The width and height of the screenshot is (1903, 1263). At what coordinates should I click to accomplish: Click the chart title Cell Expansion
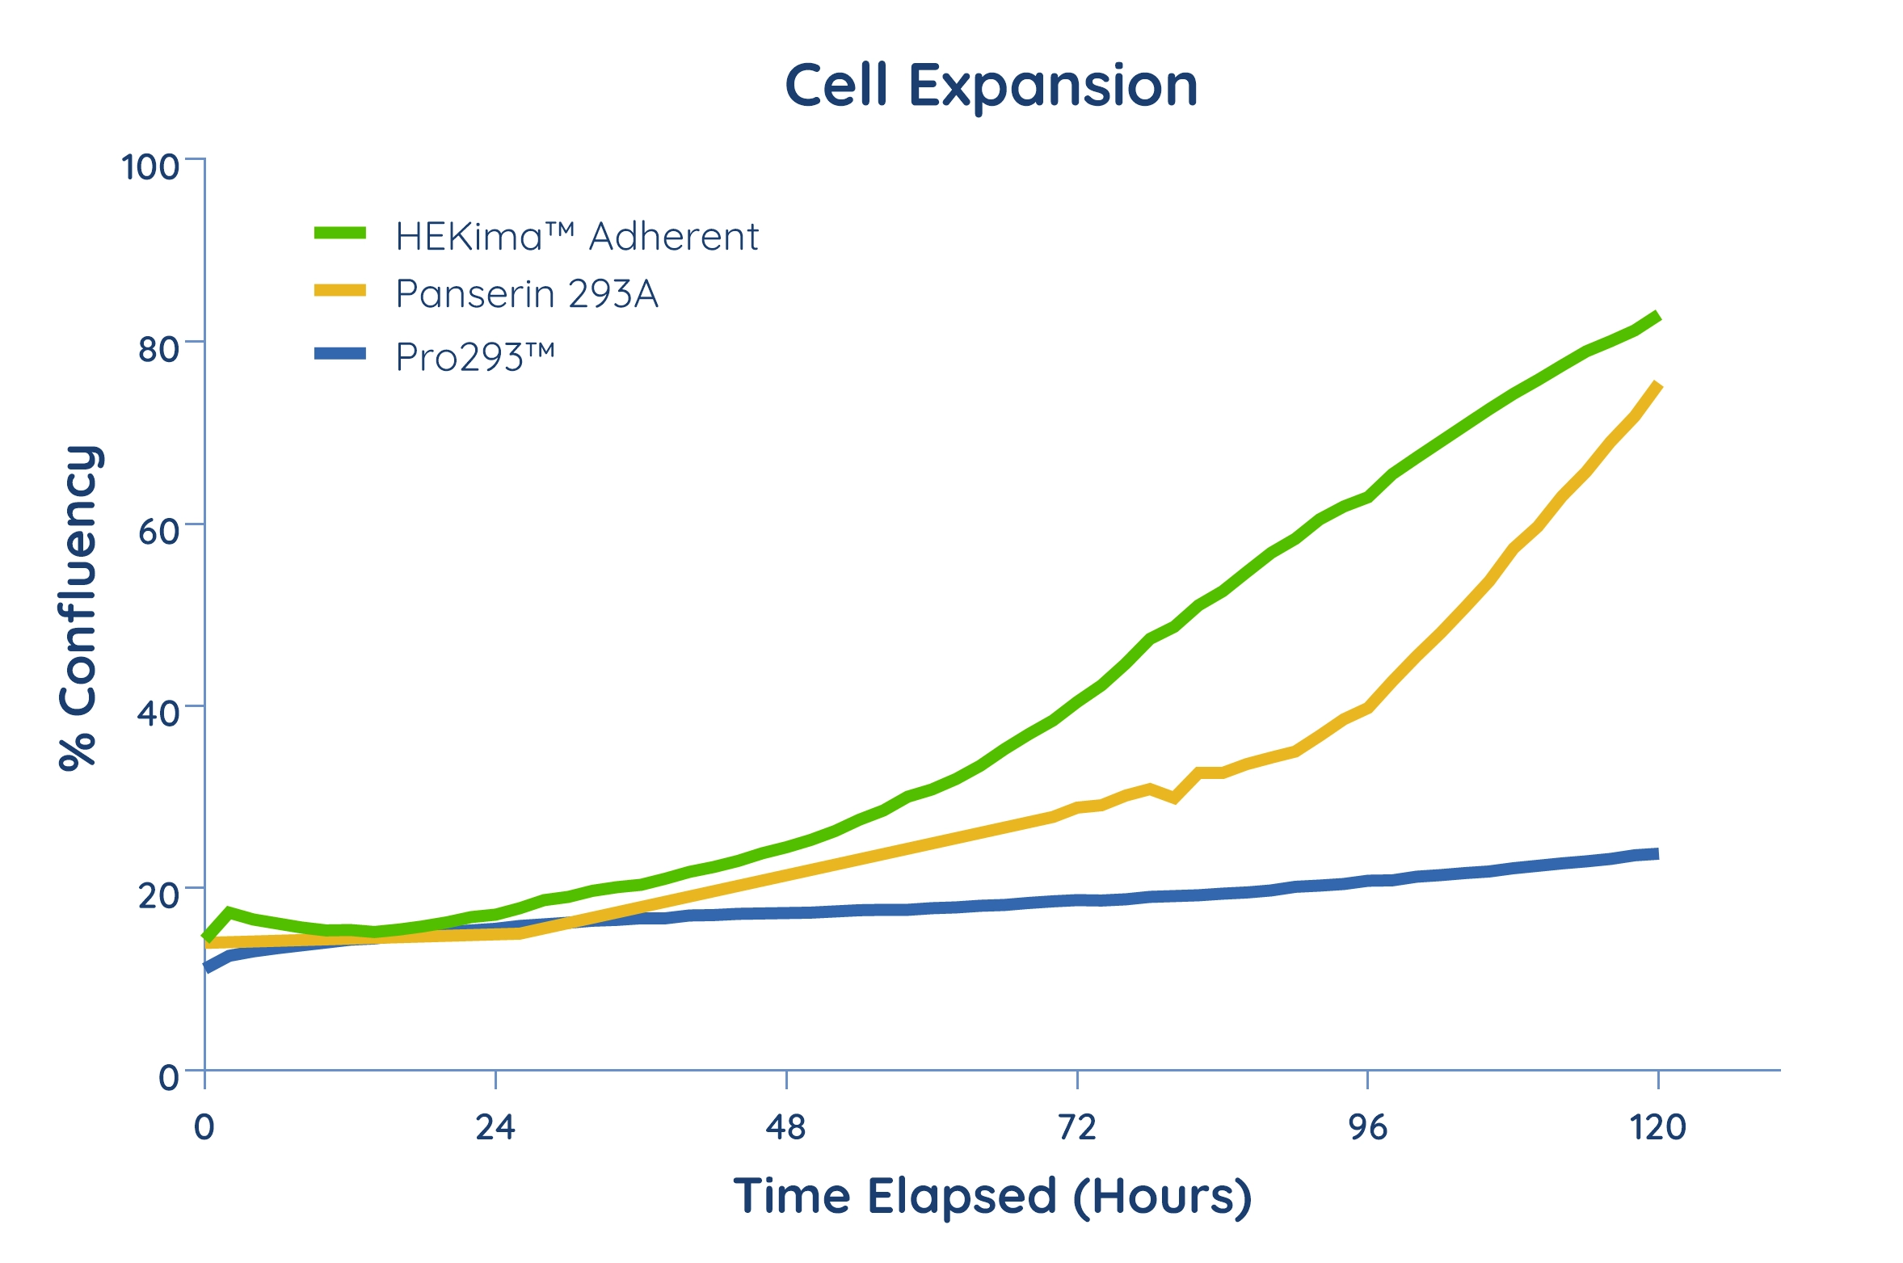point(991,86)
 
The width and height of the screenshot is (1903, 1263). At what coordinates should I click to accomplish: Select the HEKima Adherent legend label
point(577,237)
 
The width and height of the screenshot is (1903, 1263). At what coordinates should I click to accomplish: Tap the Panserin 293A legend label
point(527,294)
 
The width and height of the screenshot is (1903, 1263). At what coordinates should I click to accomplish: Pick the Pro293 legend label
point(475,357)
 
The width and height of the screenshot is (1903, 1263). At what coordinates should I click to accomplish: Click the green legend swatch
point(340,233)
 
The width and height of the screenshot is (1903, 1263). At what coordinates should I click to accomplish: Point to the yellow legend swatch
point(340,290)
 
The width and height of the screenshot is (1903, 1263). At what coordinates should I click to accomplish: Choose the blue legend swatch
point(340,353)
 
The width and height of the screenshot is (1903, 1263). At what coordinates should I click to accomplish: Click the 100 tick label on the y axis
point(150,167)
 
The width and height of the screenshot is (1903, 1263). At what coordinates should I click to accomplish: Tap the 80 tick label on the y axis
point(158,350)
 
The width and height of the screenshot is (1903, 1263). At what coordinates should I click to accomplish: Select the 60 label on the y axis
point(158,532)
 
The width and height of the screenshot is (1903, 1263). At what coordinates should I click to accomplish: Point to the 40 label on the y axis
point(158,714)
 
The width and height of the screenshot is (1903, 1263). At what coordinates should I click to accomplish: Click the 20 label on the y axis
point(158,895)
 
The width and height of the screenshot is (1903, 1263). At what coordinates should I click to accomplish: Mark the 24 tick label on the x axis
point(495,1127)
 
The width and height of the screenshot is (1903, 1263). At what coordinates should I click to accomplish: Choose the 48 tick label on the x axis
point(786,1127)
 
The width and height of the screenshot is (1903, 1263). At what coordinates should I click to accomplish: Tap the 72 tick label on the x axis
point(1077,1127)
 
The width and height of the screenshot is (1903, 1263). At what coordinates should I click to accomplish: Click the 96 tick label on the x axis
point(1368,1127)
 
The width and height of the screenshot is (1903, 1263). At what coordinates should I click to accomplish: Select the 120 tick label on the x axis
point(1658,1127)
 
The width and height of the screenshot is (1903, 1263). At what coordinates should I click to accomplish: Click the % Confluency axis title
point(79,608)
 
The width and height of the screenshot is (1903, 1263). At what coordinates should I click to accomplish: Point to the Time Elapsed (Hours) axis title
point(992,1198)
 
